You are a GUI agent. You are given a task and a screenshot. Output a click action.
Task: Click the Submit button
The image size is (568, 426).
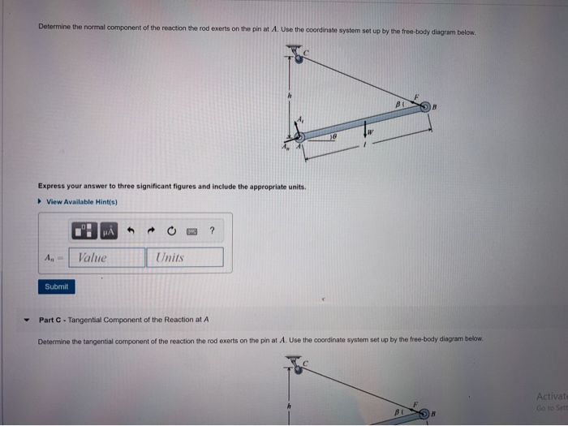click(57, 286)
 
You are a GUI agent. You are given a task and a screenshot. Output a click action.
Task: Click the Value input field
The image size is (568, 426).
click(105, 257)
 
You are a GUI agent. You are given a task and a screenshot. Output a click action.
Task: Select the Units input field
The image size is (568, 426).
click(184, 257)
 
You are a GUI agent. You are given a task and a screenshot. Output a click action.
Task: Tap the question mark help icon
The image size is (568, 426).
click(212, 232)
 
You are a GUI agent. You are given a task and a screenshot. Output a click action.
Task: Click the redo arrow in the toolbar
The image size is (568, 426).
click(152, 232)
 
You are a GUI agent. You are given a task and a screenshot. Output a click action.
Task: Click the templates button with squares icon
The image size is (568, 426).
click(84, 232)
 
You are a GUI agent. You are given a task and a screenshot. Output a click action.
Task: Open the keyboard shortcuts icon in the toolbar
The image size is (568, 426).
click(191, 232)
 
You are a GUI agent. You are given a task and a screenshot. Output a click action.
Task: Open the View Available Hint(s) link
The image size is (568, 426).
click(81, 202)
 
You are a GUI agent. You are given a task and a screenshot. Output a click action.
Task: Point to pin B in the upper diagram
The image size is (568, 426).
click(426, 108)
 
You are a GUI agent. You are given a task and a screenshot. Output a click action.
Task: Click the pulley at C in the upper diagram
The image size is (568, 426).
click(298, 56)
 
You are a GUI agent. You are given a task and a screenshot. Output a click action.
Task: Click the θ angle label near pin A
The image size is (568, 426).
click(333, 138)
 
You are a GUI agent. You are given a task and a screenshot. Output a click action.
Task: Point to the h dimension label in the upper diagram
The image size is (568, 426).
click(287, 96)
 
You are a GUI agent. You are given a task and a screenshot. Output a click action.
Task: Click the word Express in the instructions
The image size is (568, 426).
click(51, 186)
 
